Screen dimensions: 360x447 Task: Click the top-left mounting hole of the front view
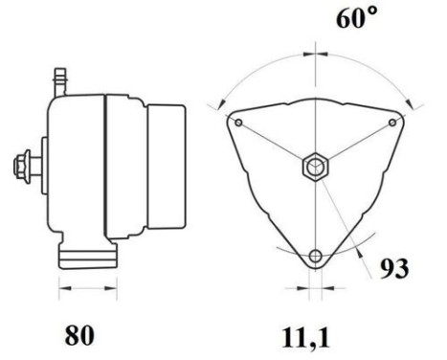(x=236, y=122)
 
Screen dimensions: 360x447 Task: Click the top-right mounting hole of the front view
(x=396, y=122)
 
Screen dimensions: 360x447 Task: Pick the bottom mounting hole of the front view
(x=317, y=258)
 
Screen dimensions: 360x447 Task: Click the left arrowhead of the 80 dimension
(x=62, y=286)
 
